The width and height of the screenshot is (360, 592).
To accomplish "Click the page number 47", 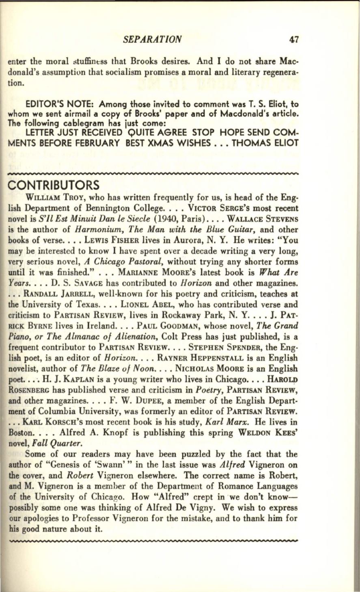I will tap(294, 39).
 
